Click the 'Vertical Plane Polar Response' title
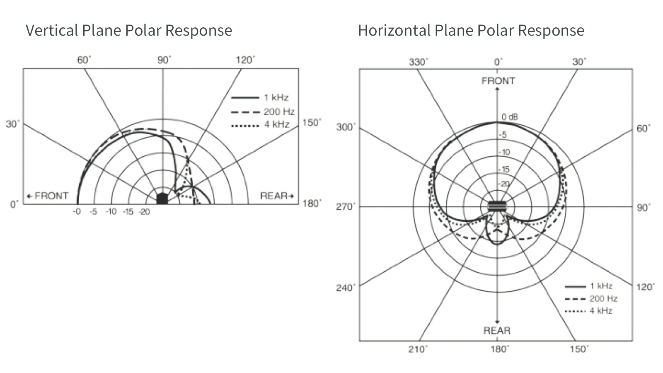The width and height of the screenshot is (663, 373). pos(129,31)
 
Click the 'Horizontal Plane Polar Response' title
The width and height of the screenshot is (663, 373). pos(471,31)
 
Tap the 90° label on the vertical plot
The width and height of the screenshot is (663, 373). pos(164,60)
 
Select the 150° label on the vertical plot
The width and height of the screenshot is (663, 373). pos(312,123)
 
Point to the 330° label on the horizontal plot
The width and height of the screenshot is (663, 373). pos(419,62)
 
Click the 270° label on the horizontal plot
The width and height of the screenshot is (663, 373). pos(346,206)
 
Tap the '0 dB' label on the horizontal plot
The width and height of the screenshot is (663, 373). pos(510,117)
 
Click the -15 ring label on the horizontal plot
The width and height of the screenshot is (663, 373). pos(504,170)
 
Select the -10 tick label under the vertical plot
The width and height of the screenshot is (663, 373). pos(111,212)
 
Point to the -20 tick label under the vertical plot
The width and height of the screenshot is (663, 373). pos(144,212)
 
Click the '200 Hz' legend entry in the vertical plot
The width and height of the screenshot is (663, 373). pos(263,111)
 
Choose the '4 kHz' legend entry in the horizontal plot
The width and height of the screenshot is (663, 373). pos(588,311)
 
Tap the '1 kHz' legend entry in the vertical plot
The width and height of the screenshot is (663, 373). pos(259,97)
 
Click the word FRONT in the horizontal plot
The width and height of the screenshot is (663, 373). pos(498,81)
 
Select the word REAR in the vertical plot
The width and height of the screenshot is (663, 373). pos(274,196)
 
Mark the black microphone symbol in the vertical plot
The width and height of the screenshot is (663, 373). pos(162,198)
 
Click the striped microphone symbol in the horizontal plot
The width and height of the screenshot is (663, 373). pos(497,206)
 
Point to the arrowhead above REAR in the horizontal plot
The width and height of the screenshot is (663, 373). pos(497,322)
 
